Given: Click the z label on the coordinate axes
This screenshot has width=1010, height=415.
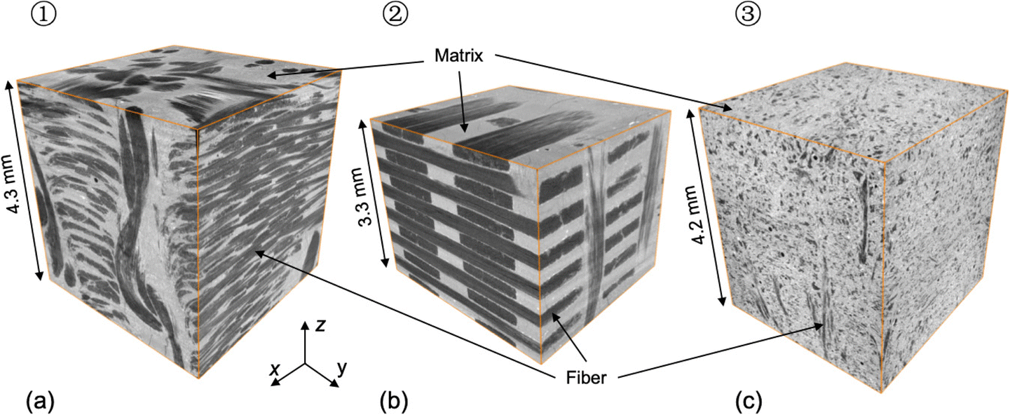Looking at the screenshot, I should (x=319, y=325).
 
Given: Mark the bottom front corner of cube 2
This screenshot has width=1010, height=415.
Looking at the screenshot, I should (x=540, y=362).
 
